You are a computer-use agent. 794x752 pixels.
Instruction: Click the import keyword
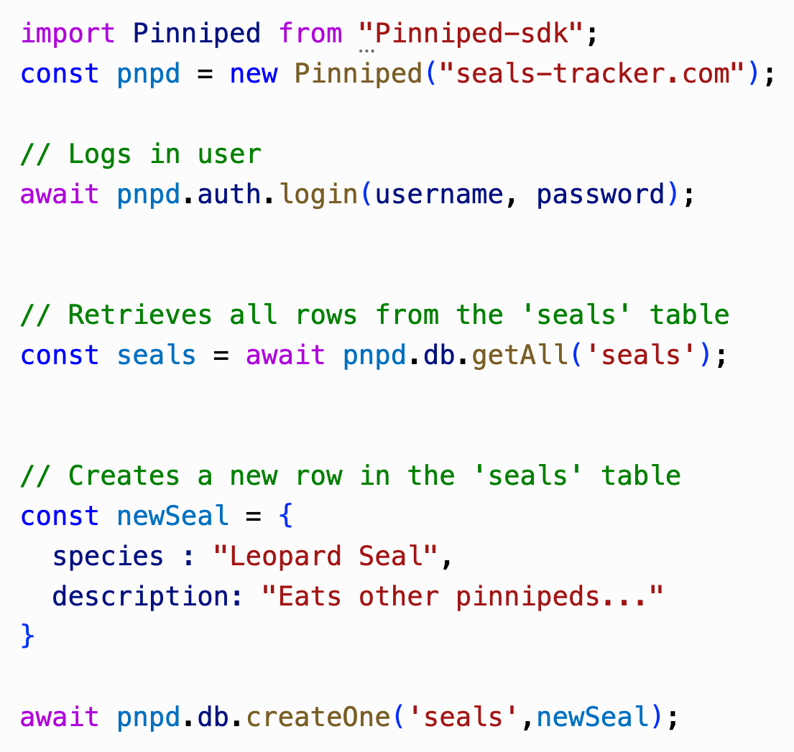68,34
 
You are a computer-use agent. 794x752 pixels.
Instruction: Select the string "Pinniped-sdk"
473,34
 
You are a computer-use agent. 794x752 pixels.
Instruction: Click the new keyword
254,74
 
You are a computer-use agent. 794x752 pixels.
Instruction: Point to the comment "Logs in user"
141,154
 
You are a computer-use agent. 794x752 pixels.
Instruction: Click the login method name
318,195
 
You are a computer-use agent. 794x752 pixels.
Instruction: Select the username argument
439,195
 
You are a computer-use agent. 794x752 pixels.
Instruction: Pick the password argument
601,195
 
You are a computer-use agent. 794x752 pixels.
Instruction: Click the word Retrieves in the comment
140,315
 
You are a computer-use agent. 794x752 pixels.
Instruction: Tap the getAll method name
520,356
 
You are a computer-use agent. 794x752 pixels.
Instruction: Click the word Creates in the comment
124,475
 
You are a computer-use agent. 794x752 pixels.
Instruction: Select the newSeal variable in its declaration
172,516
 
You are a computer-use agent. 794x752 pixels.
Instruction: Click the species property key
108,557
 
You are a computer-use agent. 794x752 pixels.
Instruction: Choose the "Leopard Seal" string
326,557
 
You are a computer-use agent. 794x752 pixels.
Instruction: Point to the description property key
140,597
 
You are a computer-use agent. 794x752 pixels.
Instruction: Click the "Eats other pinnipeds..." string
462,597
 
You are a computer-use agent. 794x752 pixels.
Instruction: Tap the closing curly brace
28,636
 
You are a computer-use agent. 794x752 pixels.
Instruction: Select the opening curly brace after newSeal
285,516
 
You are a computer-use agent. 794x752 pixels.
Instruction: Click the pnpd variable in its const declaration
148,74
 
